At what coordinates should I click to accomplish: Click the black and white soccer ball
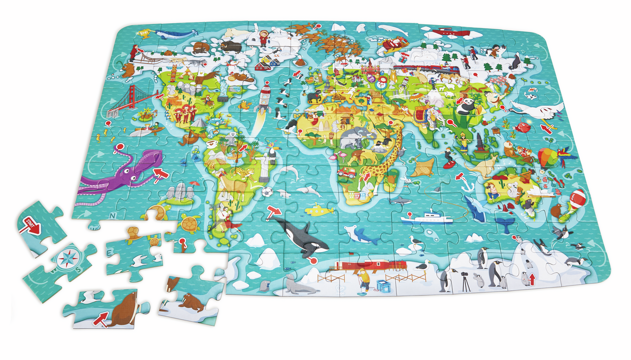click(x=267, y=192)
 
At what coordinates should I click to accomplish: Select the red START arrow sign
click(x=31, y=226)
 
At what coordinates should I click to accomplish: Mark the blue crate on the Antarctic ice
click(x=383, y=287)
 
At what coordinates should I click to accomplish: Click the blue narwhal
click(x=174, y=35)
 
